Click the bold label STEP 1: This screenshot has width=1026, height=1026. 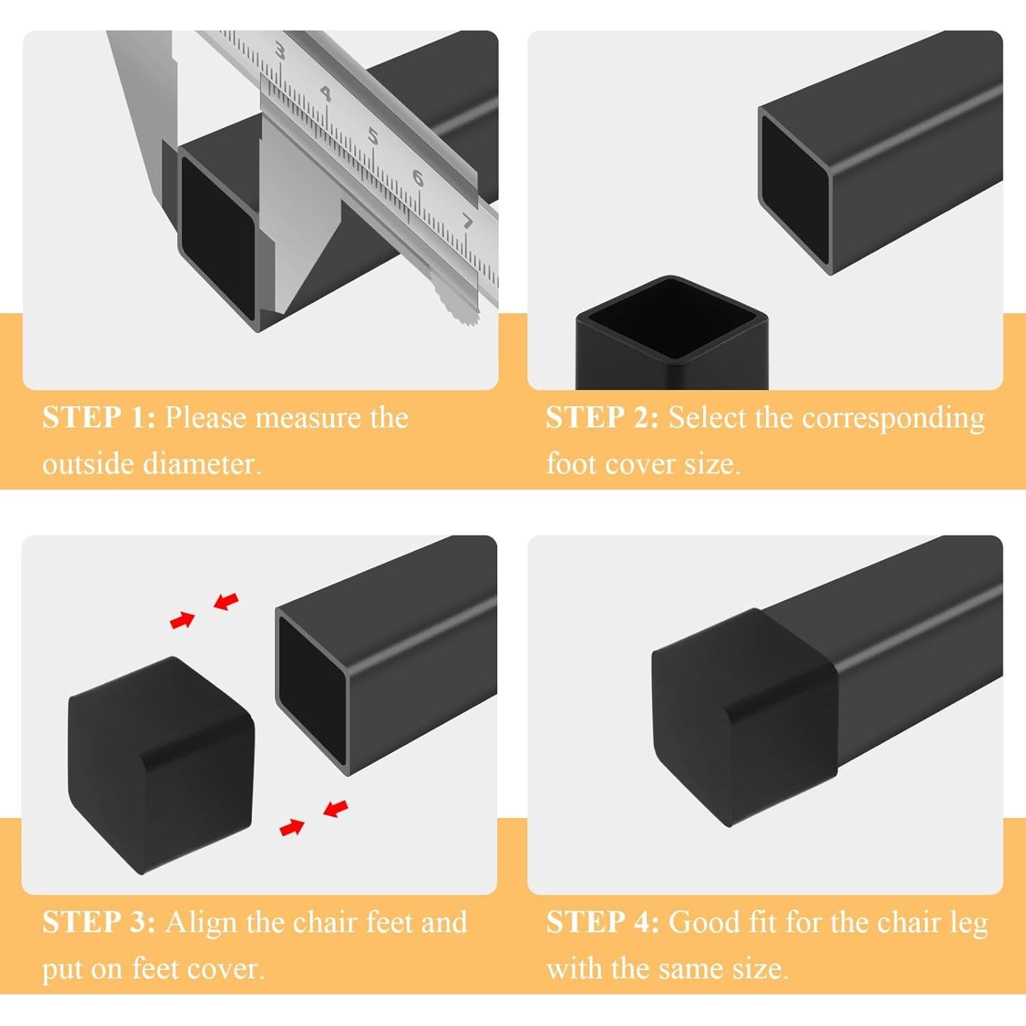tap(99, 417)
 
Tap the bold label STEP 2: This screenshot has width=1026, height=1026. tap(602, 417)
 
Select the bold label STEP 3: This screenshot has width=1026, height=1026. tap(99, 922)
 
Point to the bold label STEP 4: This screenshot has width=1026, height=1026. tap(603, 922)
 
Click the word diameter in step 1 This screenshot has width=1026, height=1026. tap(202, 464)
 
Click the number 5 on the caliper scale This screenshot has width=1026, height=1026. tap(373, 136)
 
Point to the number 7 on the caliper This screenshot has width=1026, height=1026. tap(467, 221)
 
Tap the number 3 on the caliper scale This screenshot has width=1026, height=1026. tap(279, 51)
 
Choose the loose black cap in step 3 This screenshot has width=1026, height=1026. tap(161, 766)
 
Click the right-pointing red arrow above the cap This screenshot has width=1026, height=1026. tap(183, 620)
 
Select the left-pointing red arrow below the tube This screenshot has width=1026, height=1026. tap(335, 808)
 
